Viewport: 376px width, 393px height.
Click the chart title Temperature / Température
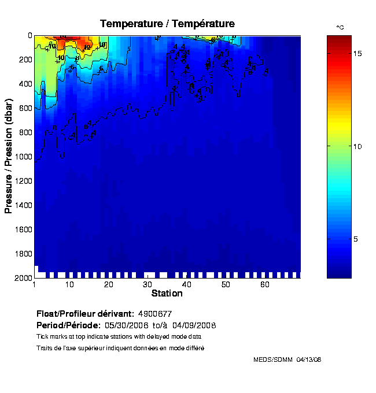coord(167,24)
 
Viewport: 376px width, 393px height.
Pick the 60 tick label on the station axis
coord(265,285)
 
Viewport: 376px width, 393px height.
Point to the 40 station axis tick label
coord(187,285)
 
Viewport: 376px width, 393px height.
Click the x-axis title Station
coord(167,294)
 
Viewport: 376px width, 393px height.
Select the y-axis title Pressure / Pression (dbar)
coord(9,156)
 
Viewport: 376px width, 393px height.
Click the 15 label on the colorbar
coord(341,53)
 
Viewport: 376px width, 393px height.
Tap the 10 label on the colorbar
coord(341,146)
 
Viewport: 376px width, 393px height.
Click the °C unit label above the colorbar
coord(340,28)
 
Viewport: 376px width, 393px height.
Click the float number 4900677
coord(154,314)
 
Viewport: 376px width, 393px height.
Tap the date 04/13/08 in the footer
coord(309,359)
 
